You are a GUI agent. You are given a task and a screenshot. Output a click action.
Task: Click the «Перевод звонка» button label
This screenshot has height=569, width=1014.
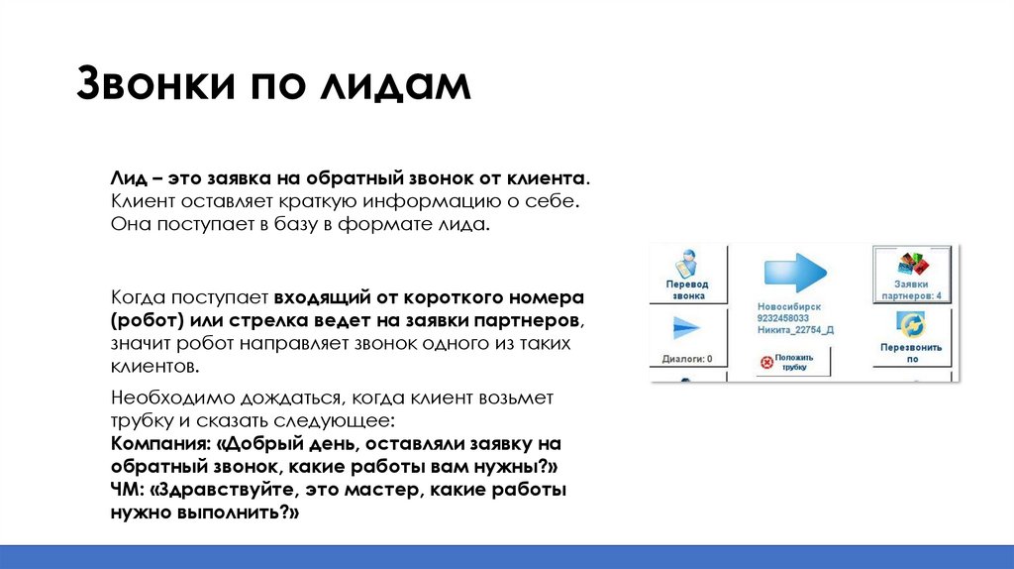(x=686, y=288)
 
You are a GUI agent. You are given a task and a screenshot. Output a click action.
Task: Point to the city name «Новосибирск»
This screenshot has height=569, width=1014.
(x=789, y=307)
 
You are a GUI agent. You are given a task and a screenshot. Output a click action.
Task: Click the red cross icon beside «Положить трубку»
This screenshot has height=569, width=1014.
(x=764, y=361)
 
